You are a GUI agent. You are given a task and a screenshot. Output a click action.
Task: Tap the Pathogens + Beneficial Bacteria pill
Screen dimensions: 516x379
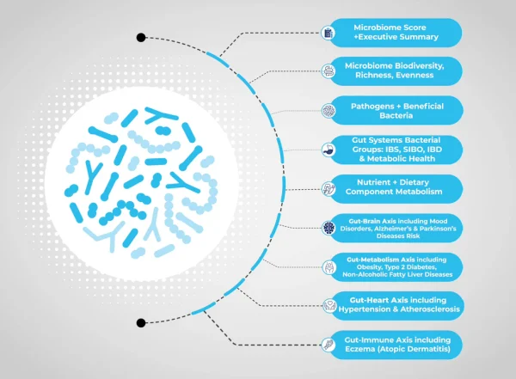click(x=396, y=111)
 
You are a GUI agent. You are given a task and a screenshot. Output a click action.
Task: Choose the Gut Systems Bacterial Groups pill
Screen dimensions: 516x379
click(x=396, y=150)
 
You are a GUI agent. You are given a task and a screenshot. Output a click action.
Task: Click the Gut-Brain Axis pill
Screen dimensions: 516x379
click(x=396, y=228)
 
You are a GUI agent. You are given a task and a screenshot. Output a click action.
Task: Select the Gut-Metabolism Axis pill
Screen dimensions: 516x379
click(x=396, y=267)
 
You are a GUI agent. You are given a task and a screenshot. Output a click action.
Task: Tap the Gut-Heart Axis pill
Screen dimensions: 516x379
click(x=396, y=306)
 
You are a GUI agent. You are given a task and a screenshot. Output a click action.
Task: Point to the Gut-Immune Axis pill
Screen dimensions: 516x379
click(x=396, y=345)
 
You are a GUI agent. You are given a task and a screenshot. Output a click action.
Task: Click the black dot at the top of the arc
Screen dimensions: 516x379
click(x=141, y=38)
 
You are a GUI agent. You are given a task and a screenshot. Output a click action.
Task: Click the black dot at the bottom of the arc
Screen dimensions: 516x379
click(x=141, y=323)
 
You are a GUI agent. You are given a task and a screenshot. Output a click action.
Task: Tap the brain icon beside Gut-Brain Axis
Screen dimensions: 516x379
click(x=329, y=228)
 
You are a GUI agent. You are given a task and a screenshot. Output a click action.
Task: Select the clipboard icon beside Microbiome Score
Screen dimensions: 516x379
click(x=329, y=33)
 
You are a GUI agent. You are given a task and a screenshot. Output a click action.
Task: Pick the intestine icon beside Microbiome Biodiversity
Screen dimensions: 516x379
click(x=329, y=71)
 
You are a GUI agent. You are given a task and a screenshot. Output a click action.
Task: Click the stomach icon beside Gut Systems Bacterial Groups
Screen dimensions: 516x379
click(x=329, y=150)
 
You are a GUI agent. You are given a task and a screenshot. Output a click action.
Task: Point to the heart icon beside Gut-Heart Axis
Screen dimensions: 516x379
click(x=329, y=306)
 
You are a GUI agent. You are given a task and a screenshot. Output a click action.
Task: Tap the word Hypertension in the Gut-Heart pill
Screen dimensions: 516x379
click(x=365, y=309)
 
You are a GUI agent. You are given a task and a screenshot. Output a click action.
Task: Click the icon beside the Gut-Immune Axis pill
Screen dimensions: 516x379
click(x=329, y=345)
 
